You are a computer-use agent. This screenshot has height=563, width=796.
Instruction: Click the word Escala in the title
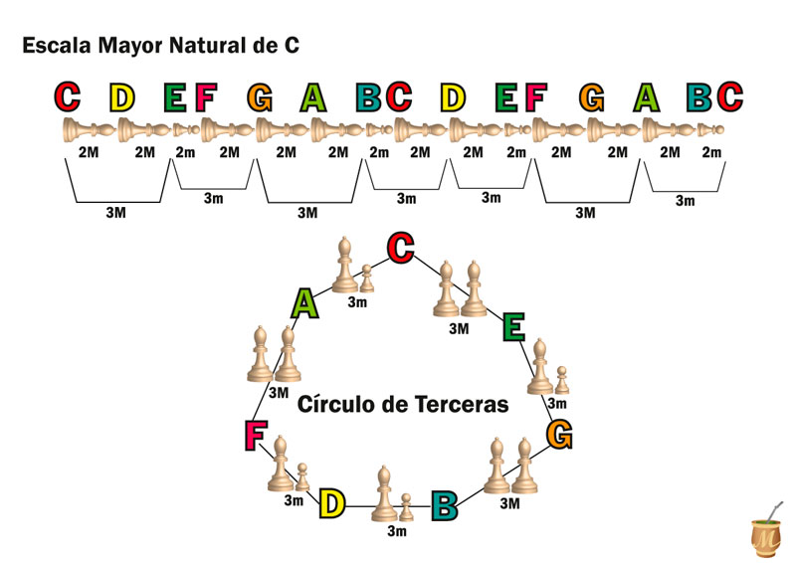pos(55,46)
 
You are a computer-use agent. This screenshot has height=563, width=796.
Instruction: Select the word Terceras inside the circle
pos(463,405)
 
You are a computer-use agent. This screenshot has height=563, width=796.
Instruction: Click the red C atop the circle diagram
pos(401,248)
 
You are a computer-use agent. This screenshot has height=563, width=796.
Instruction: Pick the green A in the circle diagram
pos(305,303)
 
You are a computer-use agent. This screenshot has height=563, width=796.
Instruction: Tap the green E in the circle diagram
pos(513,326)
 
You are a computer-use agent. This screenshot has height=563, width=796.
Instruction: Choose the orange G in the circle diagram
pos(559,435)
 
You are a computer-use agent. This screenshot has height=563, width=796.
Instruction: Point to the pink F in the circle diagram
pos(256,435)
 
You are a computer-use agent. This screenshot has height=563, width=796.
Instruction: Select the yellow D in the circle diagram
pos(331,504)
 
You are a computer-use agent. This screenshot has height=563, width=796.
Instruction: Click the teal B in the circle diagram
pos(444,504)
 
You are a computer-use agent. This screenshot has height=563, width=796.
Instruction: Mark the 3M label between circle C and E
pos(459,328)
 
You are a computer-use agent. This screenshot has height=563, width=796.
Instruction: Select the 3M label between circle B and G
pos(510,504)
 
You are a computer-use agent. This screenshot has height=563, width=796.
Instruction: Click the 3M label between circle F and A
pos(279,393)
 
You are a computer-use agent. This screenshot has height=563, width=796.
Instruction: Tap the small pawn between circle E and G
pos(561,380)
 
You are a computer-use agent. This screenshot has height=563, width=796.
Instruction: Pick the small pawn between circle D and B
pos(405,507)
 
